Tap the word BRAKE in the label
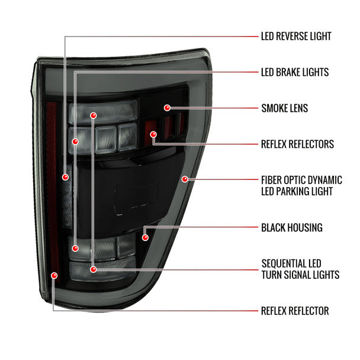click(287, 72)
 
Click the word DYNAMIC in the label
click(325, 180)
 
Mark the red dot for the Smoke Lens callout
click(167, 108)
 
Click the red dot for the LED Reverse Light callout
click(66, 177)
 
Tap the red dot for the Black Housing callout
click(145, 237)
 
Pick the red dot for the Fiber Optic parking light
click(185, 179)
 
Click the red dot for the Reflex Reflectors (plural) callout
click(153, 134)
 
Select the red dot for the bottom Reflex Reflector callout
click(54, 275)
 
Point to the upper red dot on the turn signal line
click(93, 115)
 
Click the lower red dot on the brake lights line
click(75, 248)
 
